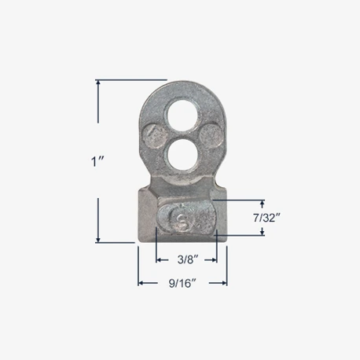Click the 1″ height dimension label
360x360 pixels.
click(98, 161)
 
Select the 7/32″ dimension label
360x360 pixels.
click(267, 218)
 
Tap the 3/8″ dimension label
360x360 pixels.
click(187, 259)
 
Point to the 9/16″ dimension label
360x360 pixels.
click(182, 283)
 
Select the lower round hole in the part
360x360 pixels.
click(182, 156)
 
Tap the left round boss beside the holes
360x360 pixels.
click(154, 136)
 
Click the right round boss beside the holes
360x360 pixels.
click(211, 136)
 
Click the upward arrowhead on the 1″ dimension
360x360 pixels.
click(98, 83)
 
